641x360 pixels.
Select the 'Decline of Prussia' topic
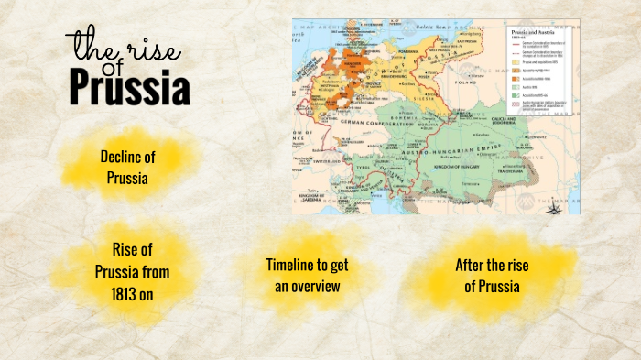click(x=125, y=167)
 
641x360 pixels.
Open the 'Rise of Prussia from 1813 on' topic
click(x=131, y=272)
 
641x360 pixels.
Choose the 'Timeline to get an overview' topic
click(x=307, y=275)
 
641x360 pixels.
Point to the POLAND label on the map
click(x=476, y=80)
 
